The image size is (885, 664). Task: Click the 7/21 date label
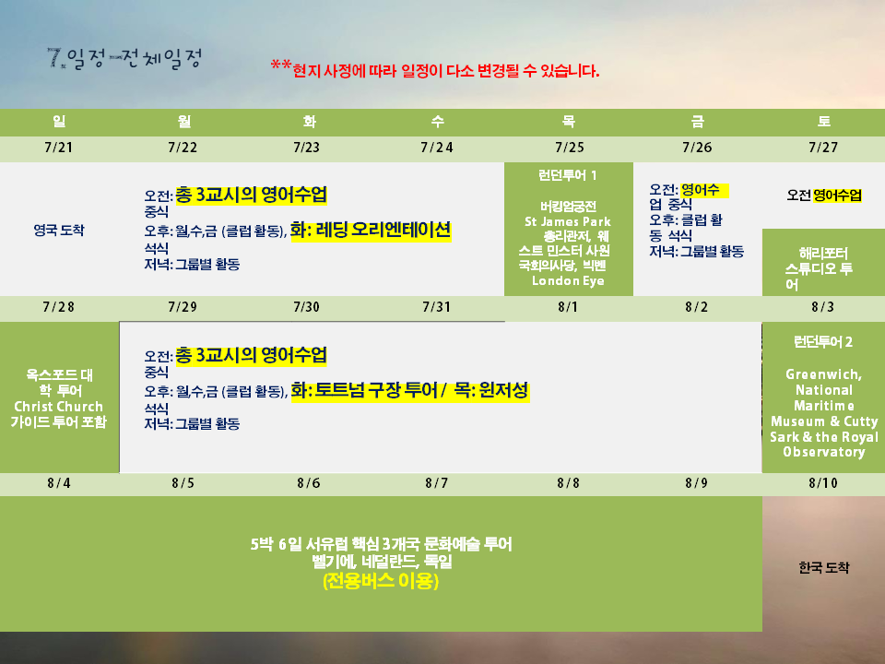[59, 148]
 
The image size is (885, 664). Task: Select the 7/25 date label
[569, 148]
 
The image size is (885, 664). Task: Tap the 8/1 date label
[569, 307]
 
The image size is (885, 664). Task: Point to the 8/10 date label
[823, 483]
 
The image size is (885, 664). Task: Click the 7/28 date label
[59, 307]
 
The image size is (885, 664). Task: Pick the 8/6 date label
[309, 483]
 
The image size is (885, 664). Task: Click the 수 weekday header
[437, 122]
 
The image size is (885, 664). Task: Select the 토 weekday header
[823, 122]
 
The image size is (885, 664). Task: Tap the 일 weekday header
[59, 122]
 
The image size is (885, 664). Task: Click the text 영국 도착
[59, 231]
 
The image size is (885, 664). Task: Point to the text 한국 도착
[823, 567]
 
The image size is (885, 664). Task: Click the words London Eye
[568, 281]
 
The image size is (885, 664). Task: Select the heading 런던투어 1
[567, 175]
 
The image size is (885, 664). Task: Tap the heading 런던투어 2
[823, 342]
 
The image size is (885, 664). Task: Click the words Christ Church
[59, 407]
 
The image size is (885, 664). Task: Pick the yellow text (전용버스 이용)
[381, 581]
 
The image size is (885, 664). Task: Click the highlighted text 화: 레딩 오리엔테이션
[371, 231]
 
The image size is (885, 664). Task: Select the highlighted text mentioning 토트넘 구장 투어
[409, 391]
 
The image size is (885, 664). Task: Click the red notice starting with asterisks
[434, 70]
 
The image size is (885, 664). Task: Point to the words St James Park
[568, 222]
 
